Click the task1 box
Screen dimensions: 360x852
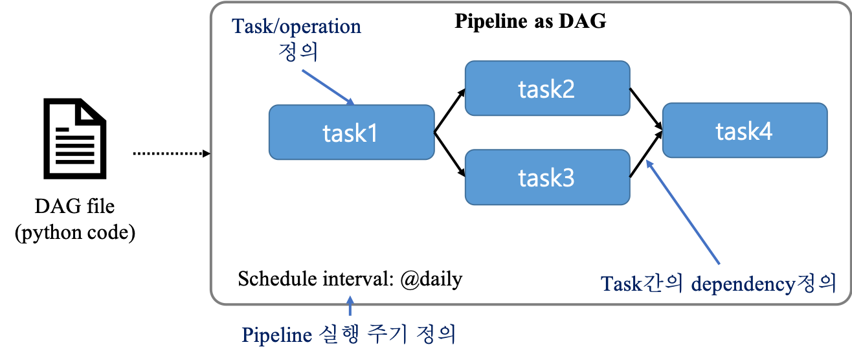[351, 133]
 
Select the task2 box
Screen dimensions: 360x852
[547, 89]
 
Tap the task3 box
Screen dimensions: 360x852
[547, 177]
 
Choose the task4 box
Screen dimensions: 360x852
[745, 131]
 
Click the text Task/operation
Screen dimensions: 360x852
[297, 27]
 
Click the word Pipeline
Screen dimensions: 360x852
[277, 335]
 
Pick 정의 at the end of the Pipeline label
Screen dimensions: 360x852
[434, 335]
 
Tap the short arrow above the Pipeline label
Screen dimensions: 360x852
[350, 306]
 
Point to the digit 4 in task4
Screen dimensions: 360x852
[766, 131]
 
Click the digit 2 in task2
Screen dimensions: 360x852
[568, 89]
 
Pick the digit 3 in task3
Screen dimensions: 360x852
[568, 178]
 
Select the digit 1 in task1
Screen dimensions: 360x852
[372, 133]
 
